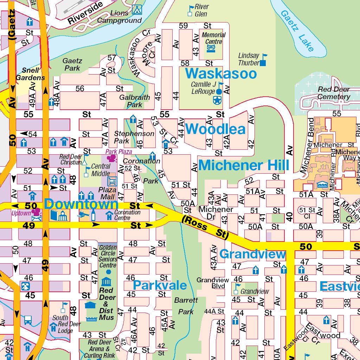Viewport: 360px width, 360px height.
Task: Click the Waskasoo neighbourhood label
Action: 221,74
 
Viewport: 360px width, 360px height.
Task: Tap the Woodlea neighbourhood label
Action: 215,129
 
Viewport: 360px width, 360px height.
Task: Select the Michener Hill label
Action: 244,165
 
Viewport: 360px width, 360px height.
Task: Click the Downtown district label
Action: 81,204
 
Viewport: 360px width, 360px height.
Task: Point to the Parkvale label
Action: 160,285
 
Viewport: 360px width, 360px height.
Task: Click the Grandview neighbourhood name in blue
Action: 252,254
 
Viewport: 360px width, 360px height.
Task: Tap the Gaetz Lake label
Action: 297,31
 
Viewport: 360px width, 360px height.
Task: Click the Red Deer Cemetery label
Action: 334,93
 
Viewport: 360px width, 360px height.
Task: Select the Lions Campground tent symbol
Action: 137,9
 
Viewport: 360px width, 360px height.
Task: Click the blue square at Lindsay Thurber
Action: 263,63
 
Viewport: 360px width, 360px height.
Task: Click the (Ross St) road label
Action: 205,228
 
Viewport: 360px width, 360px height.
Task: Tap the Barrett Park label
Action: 186,306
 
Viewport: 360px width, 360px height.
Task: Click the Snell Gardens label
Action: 31,74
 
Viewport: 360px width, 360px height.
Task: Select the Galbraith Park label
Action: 135,101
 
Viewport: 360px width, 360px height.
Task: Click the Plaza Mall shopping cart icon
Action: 112,181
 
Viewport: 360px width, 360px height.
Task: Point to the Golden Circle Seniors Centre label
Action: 108,256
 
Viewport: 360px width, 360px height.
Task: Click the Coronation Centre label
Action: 127,215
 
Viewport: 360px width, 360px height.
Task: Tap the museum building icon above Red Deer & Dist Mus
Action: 106,281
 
